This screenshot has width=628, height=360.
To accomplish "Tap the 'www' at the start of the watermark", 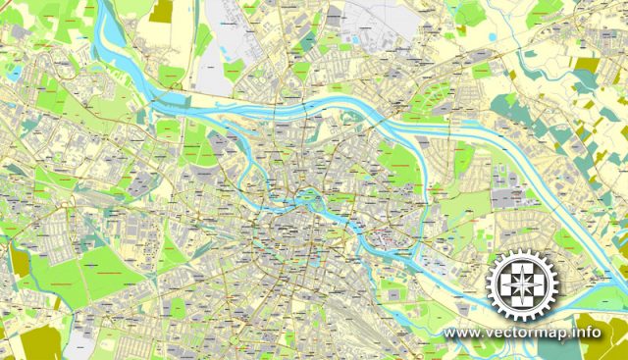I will pos(460,334).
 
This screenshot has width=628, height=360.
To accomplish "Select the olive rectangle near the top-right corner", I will pos(586,65).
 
